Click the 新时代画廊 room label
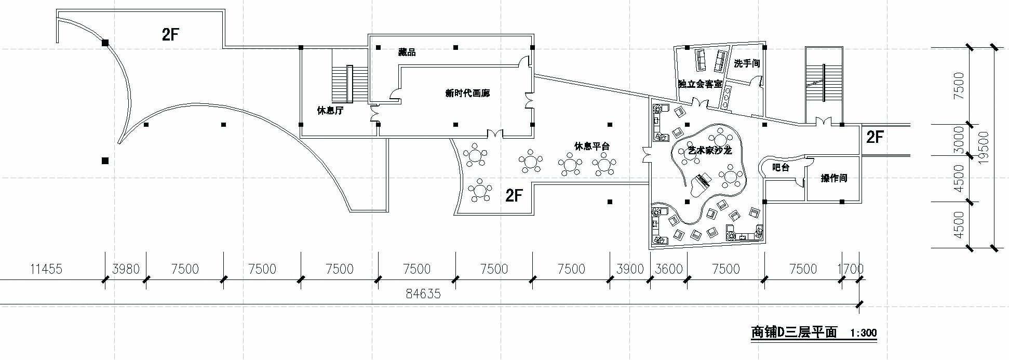point(467,94)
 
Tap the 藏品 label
point(407,52)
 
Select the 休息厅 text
point(330,111)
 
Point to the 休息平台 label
point(591,146)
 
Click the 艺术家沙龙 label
point(709,151)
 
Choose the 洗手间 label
point(747,63)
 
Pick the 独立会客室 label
point(700,84)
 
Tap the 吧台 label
point(781,168)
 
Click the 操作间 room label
point(833,178)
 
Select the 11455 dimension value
point(46,269)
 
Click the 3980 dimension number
point(126,269)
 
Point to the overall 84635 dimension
point(423,294)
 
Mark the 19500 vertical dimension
point(983,149)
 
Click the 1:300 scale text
point(863,333)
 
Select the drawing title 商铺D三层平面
point(794,332)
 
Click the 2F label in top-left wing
point(170,35)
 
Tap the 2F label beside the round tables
point(514,195)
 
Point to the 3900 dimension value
point(630,269)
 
